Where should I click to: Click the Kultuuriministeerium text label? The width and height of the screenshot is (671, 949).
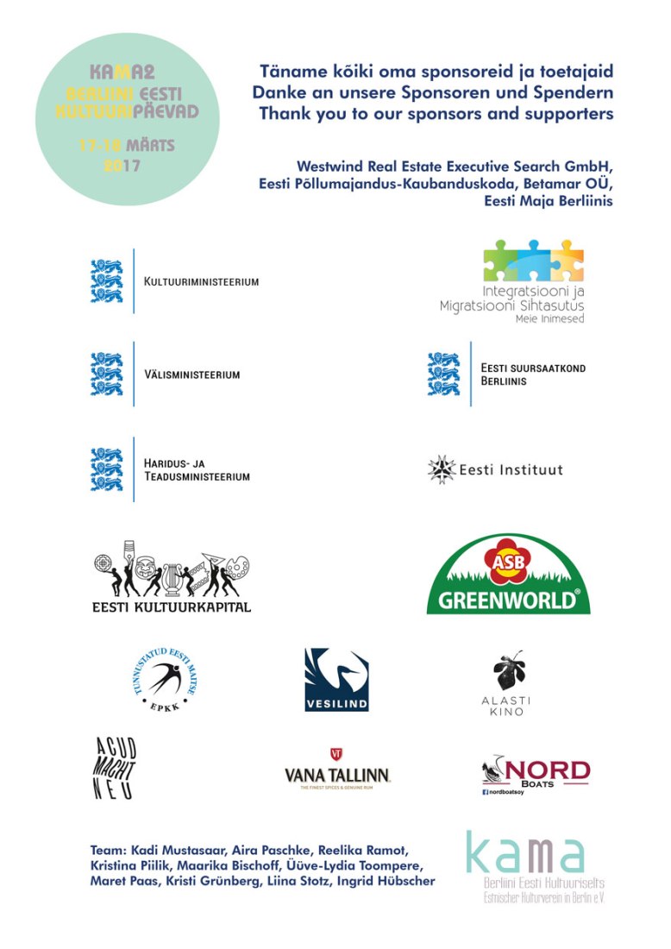point(202,282)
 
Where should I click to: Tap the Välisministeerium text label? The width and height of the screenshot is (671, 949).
point(191,375)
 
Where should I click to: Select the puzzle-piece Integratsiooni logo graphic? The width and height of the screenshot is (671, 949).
point(533,260)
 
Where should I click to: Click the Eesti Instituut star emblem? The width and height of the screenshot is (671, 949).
point(442,470)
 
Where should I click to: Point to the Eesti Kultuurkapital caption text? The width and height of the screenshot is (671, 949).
point(171,606)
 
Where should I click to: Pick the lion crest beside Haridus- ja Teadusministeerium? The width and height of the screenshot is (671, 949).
point(108,469)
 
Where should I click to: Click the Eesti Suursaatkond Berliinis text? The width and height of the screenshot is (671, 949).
point(533,374)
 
